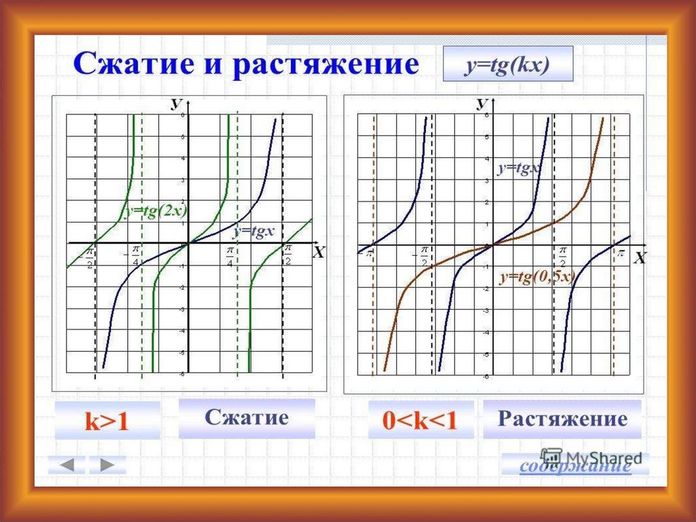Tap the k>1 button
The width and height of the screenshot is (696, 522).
coord(107,421)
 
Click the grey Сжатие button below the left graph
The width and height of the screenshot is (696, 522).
coord(247,418)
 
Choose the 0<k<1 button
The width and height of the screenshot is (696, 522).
coord(421,420)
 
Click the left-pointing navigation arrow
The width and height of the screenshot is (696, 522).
coord(67,465)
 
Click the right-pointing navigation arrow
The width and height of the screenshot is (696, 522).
coord(107,465)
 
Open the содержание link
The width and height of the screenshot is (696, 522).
coord(574,466)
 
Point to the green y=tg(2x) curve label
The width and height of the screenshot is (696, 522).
coord(155,212)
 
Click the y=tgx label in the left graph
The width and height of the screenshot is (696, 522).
coord(254,231)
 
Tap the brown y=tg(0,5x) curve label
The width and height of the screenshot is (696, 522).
coord(538,276)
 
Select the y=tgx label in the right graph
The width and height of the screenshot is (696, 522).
coord(518,168)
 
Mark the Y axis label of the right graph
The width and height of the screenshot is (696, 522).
coord(483,103)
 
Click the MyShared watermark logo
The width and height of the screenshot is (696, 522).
coord(591,455)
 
